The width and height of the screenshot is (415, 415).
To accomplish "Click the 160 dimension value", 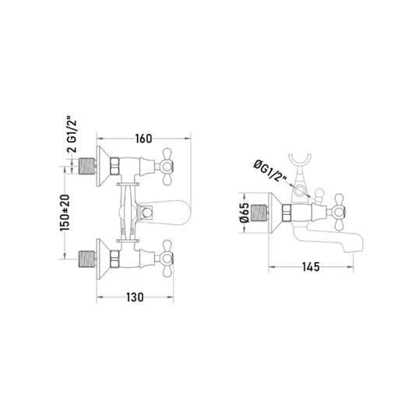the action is click(143, 139).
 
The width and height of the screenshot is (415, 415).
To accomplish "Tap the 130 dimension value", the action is click(135, 297).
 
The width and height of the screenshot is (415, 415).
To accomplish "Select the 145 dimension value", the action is click(311, 267).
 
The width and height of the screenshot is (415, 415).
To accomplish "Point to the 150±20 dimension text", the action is click(65, 213).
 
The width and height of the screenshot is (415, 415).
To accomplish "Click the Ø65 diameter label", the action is click(244, 213).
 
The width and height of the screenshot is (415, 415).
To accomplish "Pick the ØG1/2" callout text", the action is click(270, 171).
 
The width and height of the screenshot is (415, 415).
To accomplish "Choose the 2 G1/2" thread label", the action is click(72, 135).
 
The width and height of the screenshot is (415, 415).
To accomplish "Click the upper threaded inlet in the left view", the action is click(86, 166).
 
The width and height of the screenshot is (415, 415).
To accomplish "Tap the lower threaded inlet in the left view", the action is click(86, 258).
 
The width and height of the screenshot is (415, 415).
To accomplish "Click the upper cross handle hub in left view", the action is click(167, 167).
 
